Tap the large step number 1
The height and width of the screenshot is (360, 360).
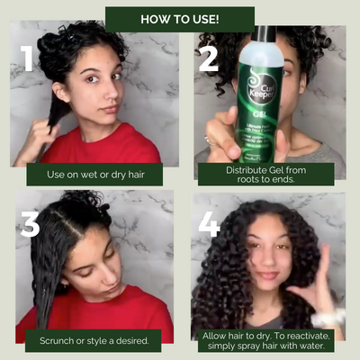pyautogui.click(x=28, y=58)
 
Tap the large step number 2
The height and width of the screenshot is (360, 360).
pyautogui.click(x=208, y=57)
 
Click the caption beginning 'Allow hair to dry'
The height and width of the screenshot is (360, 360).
pyautogui.click(x=268, y=339)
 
